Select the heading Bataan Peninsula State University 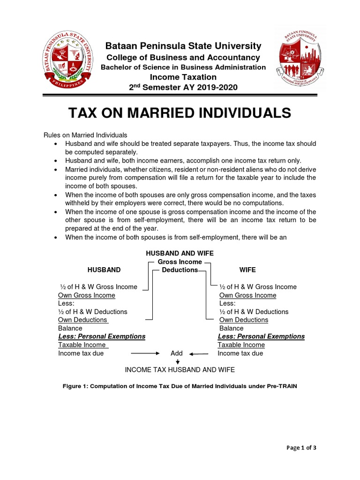[x=183, y=46]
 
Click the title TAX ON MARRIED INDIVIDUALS [x=180, y=113]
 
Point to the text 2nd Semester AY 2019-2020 [x=183, y=88]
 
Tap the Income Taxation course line [x=183, y=77]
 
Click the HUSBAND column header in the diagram [x=104, y=270]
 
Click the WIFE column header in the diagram [x=247, y=270]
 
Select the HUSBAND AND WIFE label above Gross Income [x=180, y=253]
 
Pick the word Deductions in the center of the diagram [x=180, y=270]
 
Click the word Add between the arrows [x=176, y=353]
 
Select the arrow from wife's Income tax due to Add [x=198, y=353]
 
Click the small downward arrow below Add [x=178, y=362]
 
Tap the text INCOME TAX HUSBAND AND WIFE [x=180, y=370]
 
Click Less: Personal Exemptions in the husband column [x=102, y=337]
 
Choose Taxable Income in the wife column [x=241, y=345]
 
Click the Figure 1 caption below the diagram [x=180, y=387]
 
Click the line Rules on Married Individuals [x=85, y=135]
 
